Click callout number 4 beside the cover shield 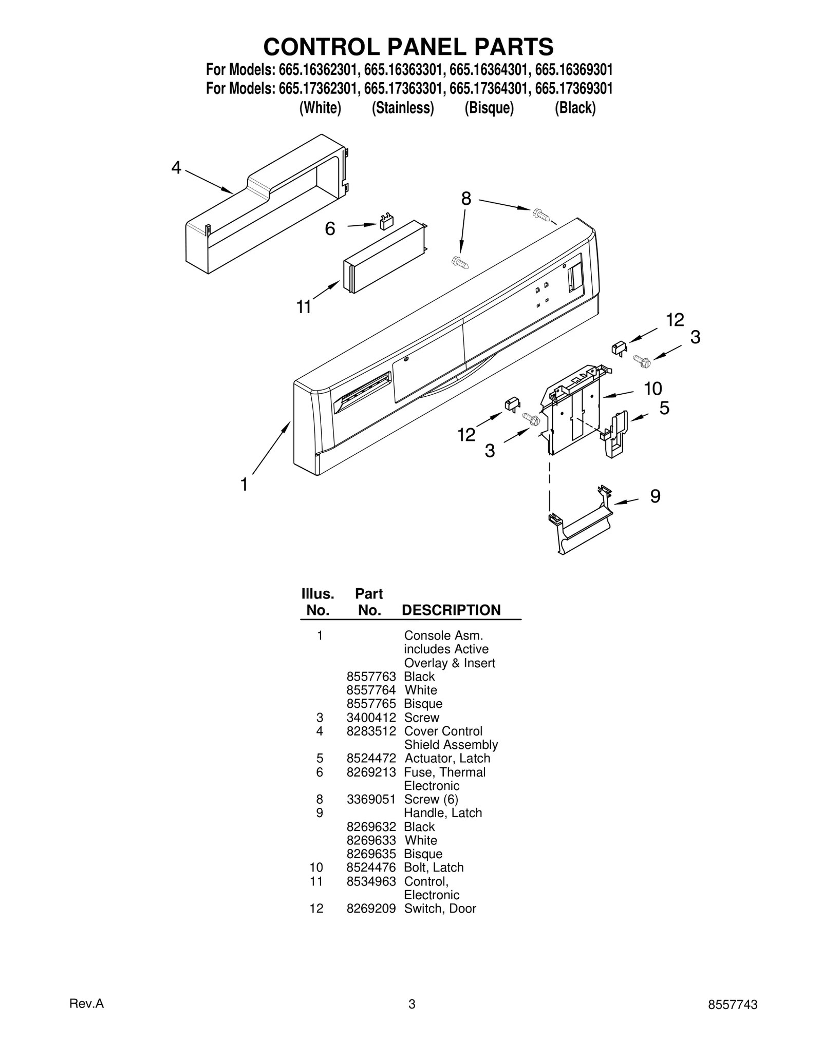tap(176, 168)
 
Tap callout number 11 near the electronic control tap(304, 307)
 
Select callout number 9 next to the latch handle tap(655, 496)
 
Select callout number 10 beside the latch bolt tap(653, 389)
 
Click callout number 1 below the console tap(245, 484)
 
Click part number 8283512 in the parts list tap(371, 731)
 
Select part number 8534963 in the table tap(371, 881)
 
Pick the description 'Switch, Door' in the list tap(440, 909)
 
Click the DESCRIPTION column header tap(451, 610)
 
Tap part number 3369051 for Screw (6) tap(371, 799)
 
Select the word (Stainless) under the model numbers tap(403, 108)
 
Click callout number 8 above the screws tap(466, 199)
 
